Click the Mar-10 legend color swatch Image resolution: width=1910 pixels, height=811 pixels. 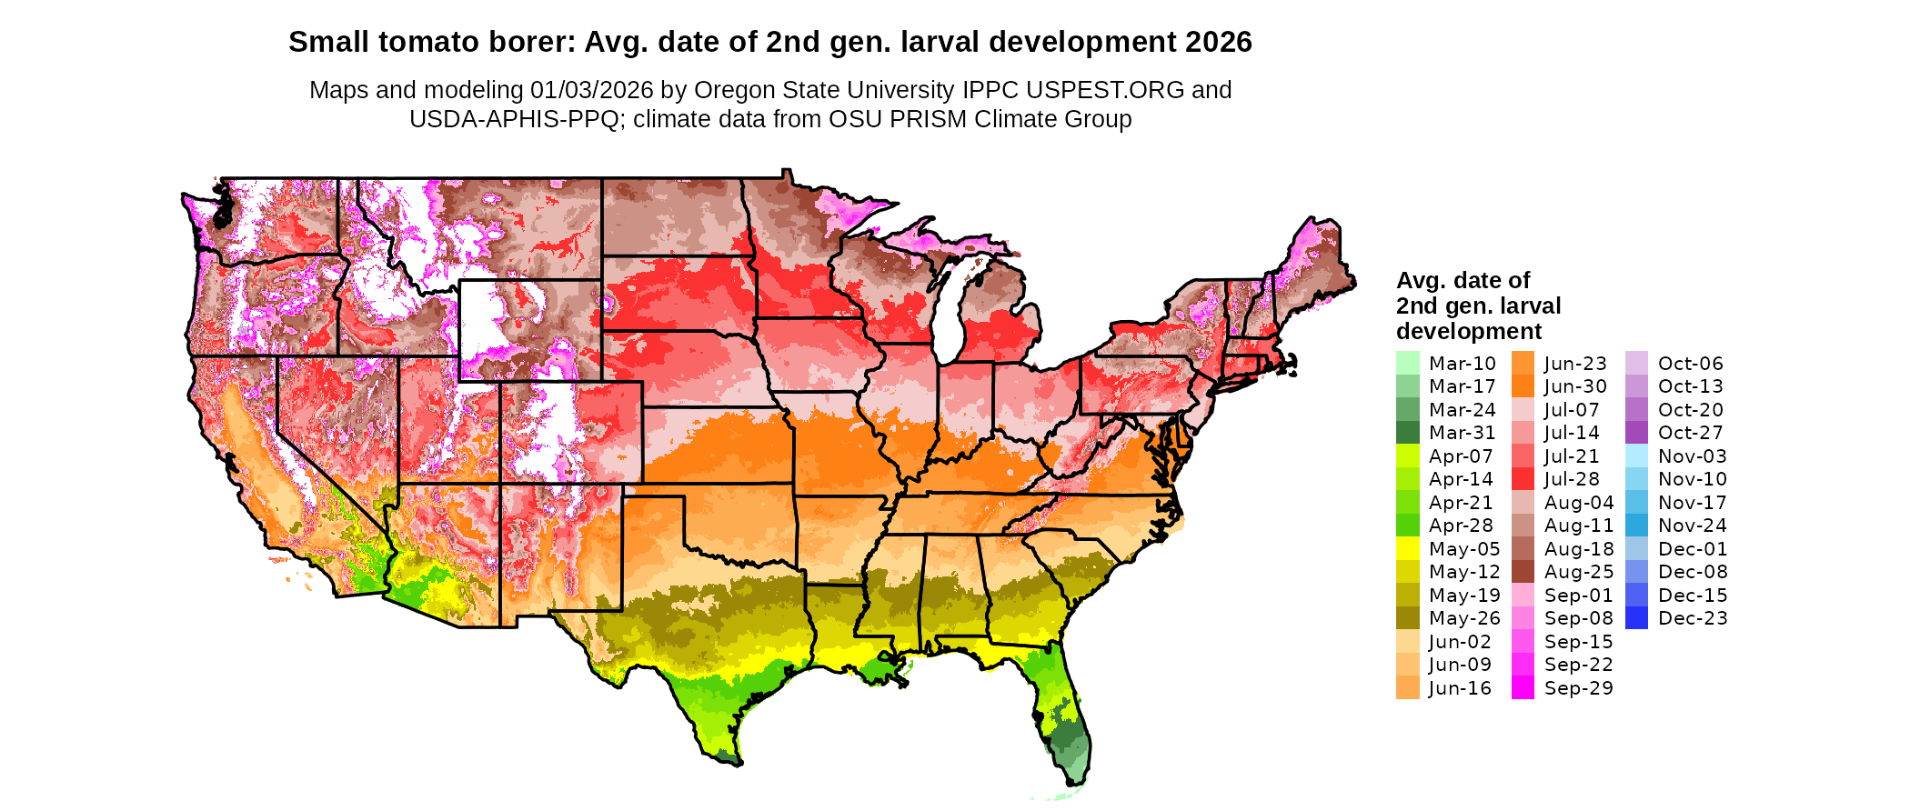1407,363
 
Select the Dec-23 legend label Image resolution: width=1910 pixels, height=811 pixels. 1693,618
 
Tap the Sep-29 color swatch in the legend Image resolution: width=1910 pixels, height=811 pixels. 1523,688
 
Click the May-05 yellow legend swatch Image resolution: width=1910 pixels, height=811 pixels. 1407,548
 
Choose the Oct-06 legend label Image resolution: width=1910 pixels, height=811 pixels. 1690,364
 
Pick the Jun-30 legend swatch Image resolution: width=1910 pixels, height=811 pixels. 1523,386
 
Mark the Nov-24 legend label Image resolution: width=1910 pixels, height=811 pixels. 1692,526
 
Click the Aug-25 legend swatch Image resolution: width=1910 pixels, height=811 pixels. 1523,572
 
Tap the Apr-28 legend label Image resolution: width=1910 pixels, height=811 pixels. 1461,526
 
